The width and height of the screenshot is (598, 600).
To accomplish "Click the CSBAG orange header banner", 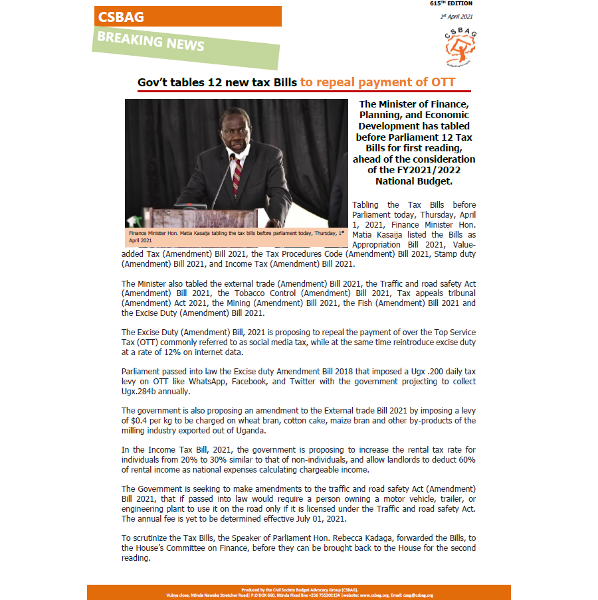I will [186, 17].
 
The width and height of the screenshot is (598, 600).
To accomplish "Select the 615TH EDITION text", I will [451, 4].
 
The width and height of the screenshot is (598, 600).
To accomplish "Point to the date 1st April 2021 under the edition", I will [456, 16].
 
